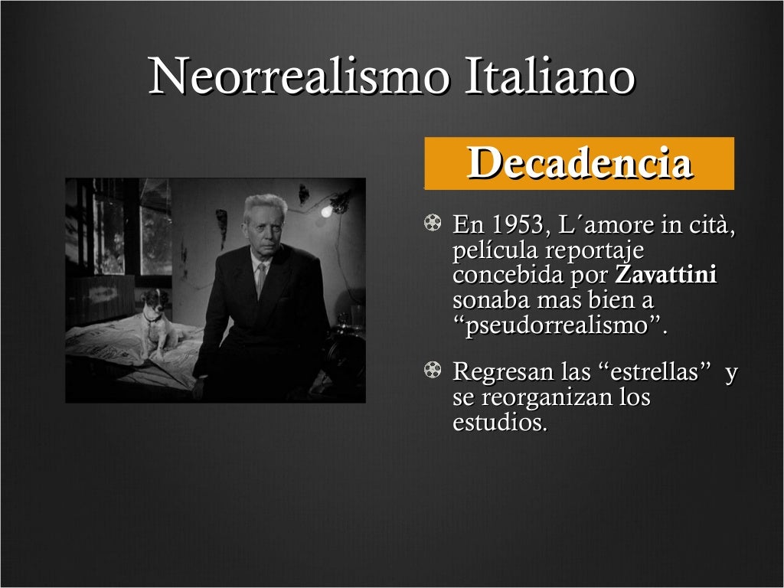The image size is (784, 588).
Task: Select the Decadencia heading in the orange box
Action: click(580, 163)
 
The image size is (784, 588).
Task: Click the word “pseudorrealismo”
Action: click(560, 325)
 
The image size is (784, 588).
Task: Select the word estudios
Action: click(500, 423)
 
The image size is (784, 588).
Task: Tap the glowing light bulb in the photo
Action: click(328, 209)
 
